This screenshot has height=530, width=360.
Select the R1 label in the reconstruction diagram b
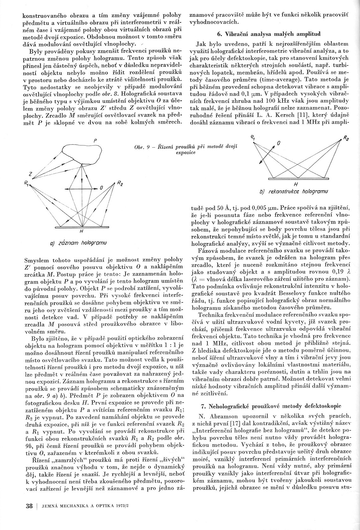(253, 137)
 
